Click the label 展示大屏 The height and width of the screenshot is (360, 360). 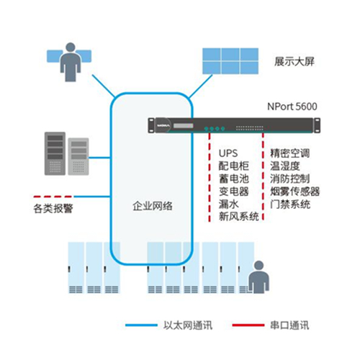(294, 61)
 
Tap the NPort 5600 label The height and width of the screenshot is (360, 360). (292, 107)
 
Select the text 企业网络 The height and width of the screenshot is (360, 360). (153, 206)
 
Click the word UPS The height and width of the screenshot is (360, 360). (228, 153)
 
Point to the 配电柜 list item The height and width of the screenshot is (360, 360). (233, 166)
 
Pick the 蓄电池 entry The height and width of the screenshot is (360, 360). (233, 179)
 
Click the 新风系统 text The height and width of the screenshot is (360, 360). (238, 217)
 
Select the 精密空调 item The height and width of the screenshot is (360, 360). (290, 153)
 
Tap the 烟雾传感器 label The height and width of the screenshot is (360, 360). (295, 192)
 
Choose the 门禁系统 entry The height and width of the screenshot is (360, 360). (290, 204)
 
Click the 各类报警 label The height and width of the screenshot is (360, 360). (53, 208)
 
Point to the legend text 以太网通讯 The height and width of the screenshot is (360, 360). (188, 325)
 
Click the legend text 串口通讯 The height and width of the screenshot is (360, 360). (289, 325)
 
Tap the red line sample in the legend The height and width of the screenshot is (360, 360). (248, 325)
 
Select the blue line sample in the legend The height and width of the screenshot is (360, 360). (141, 325)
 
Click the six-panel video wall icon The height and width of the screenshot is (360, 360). (230, 61)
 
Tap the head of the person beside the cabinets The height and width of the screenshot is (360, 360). (258, 266)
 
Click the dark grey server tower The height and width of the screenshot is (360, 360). (55, 153)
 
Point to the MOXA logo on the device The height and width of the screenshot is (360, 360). (163, 125)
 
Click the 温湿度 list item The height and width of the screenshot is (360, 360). (285, 166)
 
